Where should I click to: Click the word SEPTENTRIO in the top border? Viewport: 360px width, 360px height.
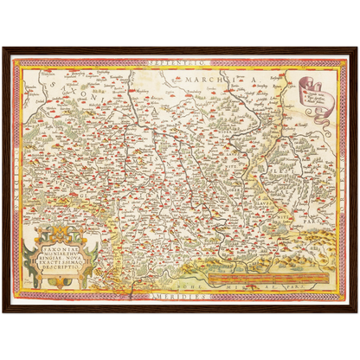point(180,62)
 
